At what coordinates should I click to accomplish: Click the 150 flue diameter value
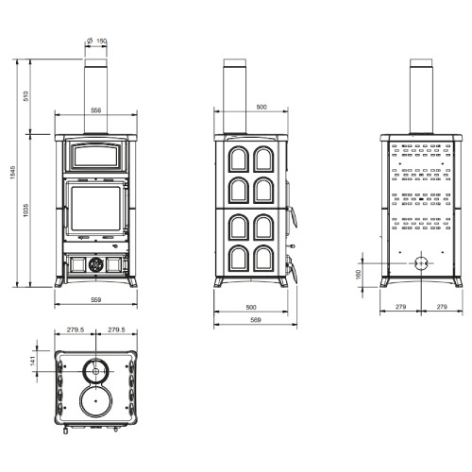click(x=102, y=41)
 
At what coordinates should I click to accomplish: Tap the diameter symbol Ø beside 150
click(x=88, y=41)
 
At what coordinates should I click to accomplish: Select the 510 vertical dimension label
click(x=27, y=95)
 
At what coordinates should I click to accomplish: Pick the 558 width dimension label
click(x=95, y=110)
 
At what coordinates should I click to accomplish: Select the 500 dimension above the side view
click(x=261, y=107)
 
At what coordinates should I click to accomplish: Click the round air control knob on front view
click(x=94, y=266)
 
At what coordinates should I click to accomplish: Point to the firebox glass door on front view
click(x=94, y=214)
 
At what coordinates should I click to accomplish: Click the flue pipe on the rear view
click(x=417, y=99)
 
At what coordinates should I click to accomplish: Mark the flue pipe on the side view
click(x=235, y=99)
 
